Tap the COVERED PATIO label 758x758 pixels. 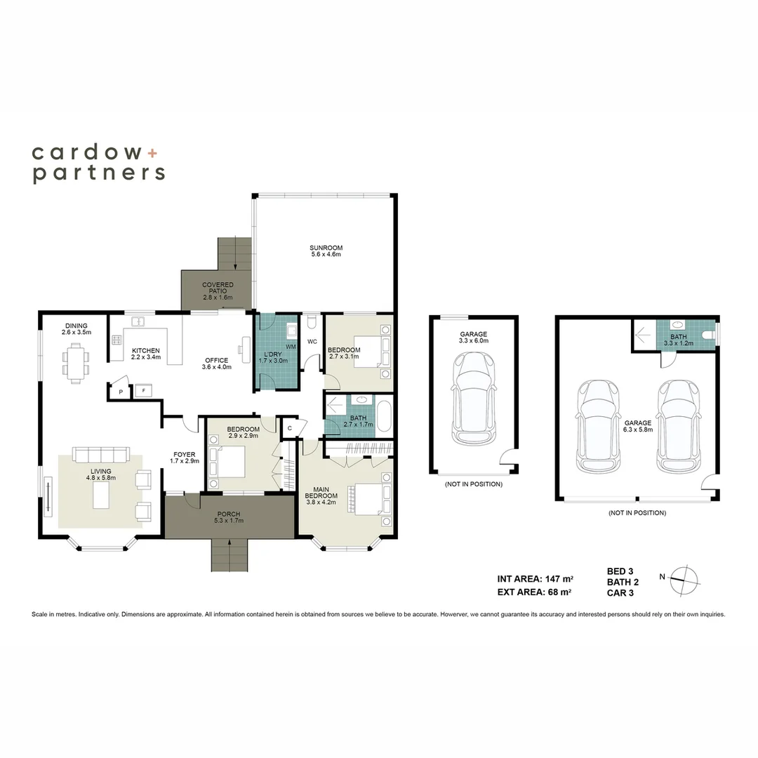(x=218, y=288)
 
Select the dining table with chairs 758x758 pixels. (x=76, y=363)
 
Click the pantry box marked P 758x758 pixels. (x=121, y=392)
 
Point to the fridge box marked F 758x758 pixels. (x=144, y=390)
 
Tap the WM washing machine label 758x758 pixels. (x=291, y=347)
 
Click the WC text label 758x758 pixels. (x=312, y=342)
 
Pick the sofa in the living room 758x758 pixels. (x=101, y=455)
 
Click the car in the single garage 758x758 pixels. (x=473, y=399)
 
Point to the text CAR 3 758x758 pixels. (x=620, y=592)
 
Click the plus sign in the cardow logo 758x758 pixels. (x=152, y=153)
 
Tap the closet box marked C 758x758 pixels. (x=290, y=428)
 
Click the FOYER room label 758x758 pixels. (x=184, y=454)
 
